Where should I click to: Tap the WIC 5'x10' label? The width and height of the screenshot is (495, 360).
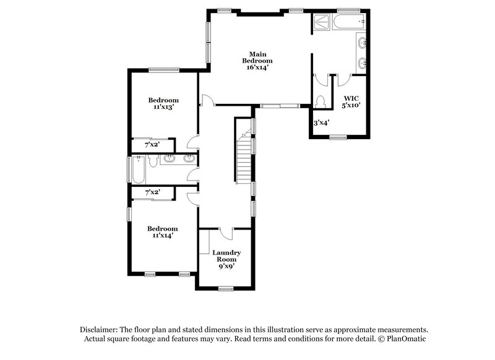pyautogui.click(x=351, y=101)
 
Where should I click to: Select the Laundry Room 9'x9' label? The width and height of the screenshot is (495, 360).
pyautogui.click(x=226, y=259)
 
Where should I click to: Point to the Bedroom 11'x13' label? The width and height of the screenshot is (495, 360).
pyautogui.click(x=163, y=103)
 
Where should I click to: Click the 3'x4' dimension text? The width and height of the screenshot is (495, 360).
pyautogui.click(x=321, y=123)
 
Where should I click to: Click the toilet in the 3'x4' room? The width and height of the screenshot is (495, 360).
pyautogui.click(x=320, y=101)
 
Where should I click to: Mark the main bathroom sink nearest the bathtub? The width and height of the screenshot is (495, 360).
pyautogui.click(x=362, y=43)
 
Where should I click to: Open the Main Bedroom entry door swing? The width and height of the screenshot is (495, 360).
pyautogui.click(x=207, y=100)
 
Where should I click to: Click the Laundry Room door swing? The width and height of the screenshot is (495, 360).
pyautogui.click(x=225, y=233)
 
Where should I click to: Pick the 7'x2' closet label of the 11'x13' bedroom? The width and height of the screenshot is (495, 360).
pyautogui.click(x=152, y=144)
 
